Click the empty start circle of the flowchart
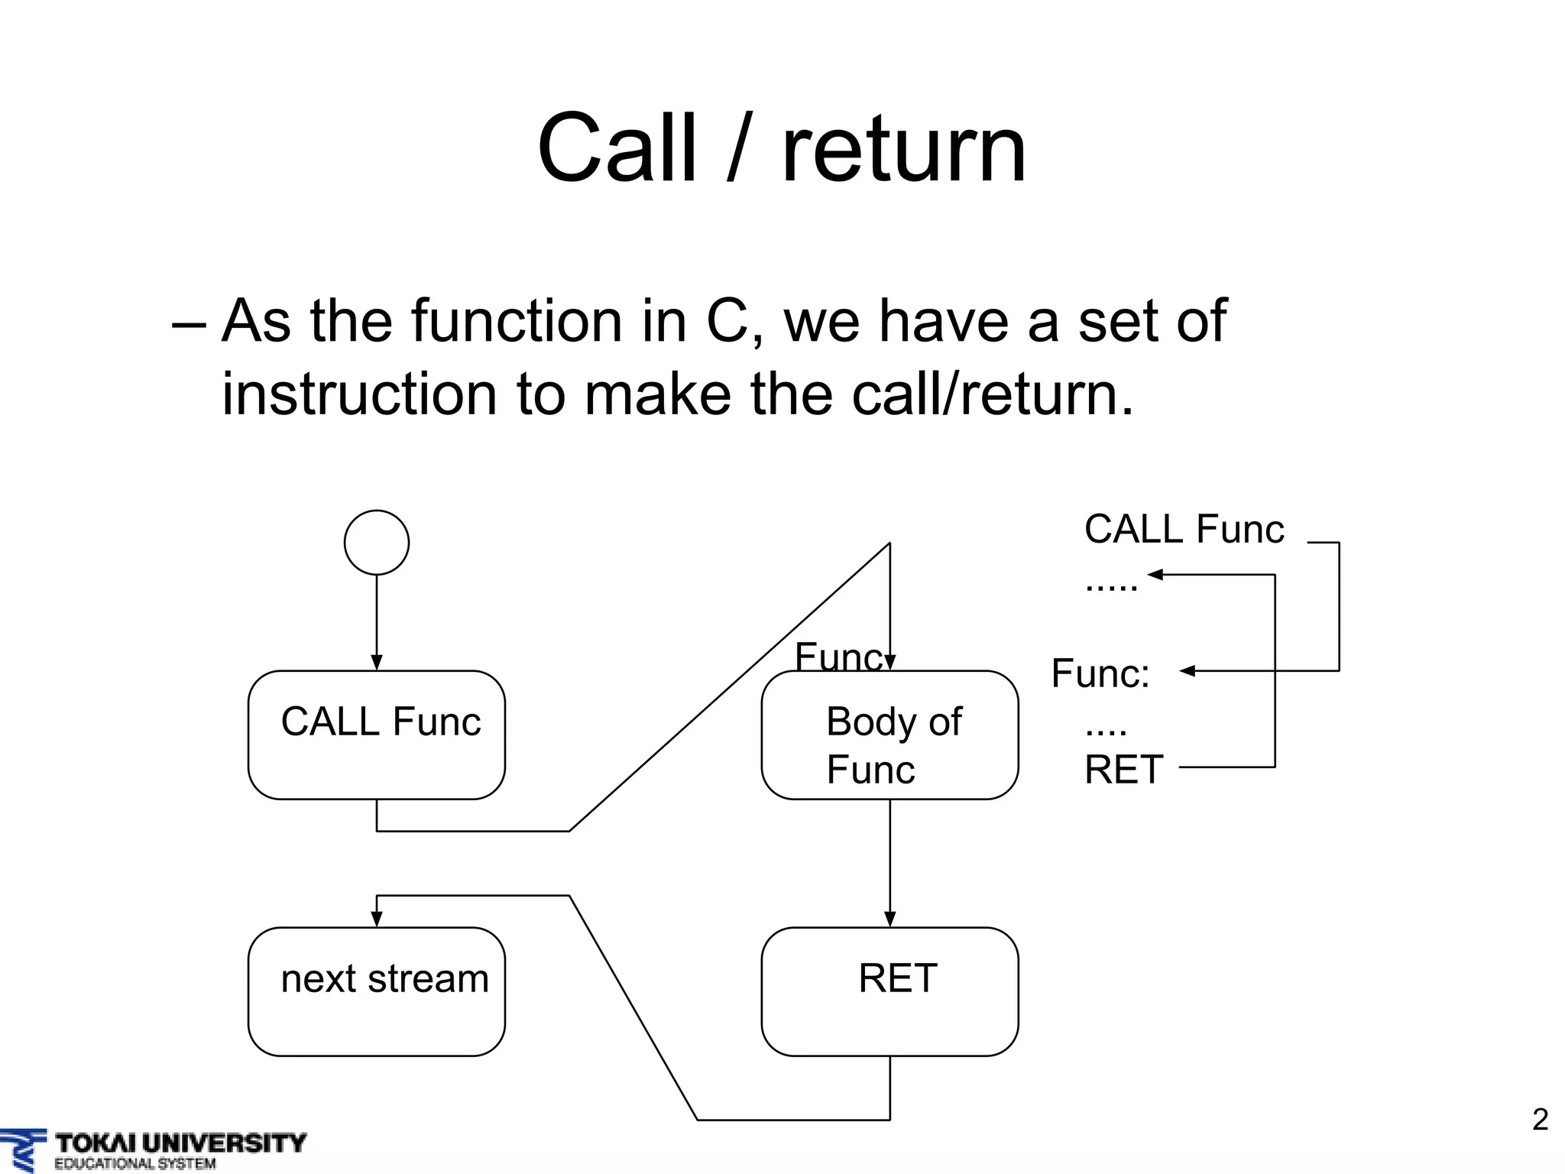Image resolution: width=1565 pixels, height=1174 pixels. (377, 543)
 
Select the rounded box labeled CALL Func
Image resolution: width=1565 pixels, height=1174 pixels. (377, 735)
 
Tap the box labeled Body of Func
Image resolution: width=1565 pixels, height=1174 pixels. (889, 735)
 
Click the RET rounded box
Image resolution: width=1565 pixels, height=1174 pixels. (889, 991)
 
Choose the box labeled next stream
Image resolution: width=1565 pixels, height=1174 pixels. (377, 991)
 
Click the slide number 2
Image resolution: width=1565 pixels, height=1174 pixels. (1540, 1120)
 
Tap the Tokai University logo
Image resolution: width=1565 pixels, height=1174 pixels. (153, 1150)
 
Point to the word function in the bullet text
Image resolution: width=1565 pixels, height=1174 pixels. (517, 321)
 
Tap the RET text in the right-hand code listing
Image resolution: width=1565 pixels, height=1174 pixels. (1123, 769)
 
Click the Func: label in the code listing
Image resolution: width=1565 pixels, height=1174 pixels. (1100, 674)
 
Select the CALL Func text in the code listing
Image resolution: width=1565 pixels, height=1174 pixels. (1184, 529)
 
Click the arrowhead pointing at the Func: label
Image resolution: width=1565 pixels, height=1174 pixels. (1187, 671)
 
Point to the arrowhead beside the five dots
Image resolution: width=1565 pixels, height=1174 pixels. (1155, 575)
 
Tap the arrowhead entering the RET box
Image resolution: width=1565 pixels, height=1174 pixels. (889, 919)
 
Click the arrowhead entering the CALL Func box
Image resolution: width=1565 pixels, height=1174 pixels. (377, 663)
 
